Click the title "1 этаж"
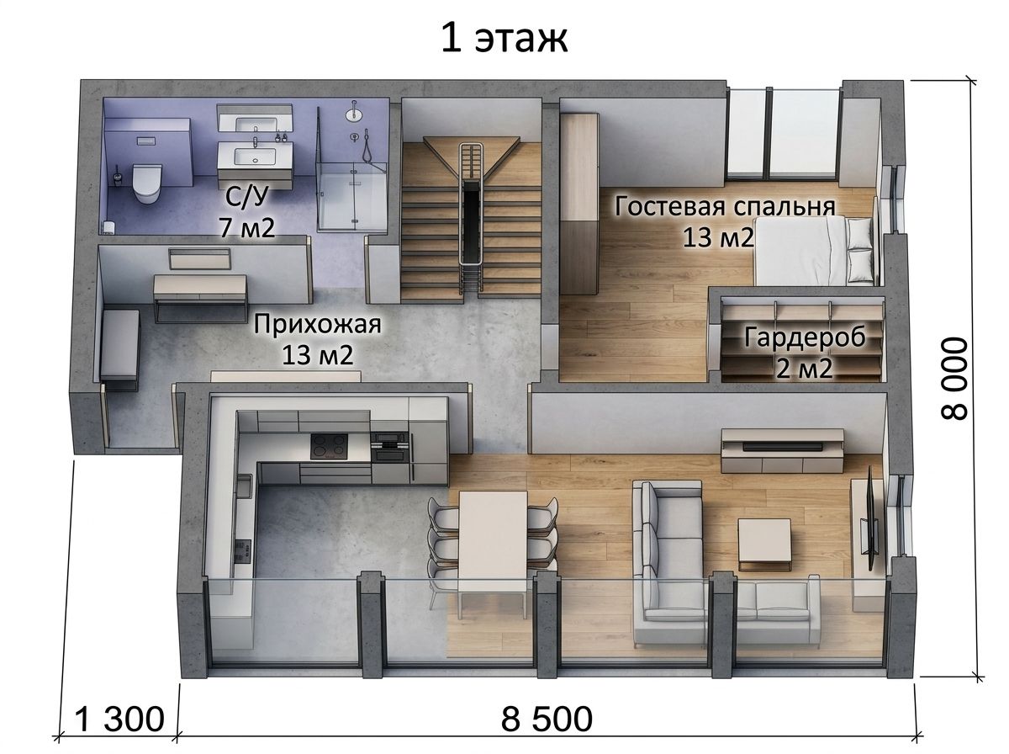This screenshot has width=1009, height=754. tap(504, 39)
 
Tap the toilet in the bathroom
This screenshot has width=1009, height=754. tap(146, 183)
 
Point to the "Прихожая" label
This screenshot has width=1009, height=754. tap(317, 323)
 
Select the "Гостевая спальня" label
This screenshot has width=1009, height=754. tap(725, 206)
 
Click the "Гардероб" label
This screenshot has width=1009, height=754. tap(805, 337)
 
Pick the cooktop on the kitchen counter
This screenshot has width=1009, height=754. tap(329, 446)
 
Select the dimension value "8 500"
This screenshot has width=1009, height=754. tap(546, 719)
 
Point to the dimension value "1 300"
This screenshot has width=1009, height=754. tap(119, 719)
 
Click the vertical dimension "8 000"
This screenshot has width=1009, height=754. tap(954, 378)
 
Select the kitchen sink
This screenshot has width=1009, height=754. tap(244, 486)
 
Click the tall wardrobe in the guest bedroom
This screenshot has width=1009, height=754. tap(579, 204)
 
